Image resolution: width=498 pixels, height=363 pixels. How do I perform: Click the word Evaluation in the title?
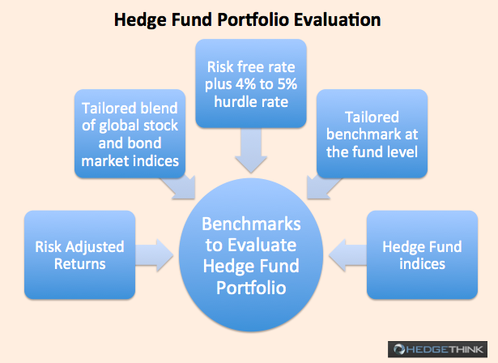coord(337,19)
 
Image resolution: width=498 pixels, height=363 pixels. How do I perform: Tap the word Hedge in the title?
coord(140,20)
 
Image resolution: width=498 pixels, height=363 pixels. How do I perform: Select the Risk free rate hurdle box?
coord(251,83)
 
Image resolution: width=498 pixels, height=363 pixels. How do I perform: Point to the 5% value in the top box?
coord(287,84)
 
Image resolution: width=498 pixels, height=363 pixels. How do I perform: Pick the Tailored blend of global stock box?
coord(130,134)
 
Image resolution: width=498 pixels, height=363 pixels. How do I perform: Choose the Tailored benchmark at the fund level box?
coord(372,134)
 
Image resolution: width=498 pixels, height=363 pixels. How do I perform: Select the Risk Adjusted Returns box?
coord(79,254)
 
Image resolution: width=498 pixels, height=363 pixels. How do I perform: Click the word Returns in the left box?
coord(79,264)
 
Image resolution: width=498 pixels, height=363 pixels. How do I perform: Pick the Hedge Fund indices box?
coord(422,254)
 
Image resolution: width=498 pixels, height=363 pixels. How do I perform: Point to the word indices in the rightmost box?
coord(422,264)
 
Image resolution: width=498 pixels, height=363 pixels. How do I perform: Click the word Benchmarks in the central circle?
coord(251,224)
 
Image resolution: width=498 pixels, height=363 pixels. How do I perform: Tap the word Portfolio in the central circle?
coord(251,288)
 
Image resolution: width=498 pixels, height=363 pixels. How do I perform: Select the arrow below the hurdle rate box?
coord(251,151)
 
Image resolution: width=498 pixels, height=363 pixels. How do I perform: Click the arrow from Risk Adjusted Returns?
coord(155,255)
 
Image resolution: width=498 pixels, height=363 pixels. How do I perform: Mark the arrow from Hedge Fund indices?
coord(347,255)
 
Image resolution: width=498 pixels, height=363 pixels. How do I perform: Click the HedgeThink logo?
coord(437,349)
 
